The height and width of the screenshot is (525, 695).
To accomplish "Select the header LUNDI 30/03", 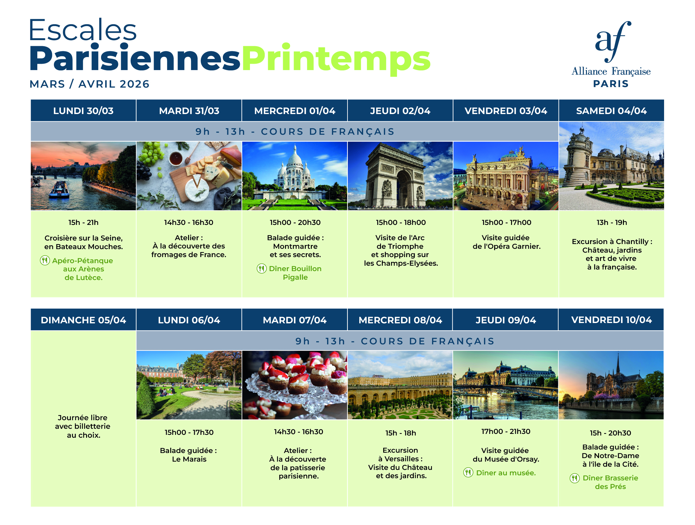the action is (x=83, y=111).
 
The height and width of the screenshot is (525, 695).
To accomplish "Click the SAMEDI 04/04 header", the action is (x=611, y=111).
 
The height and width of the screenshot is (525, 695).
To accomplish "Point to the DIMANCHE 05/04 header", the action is (x=83, y=320).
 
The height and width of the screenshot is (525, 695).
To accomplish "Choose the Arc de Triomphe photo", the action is (x=400, y=176).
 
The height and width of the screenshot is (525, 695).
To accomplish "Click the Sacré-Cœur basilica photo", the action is (x=295, y=176).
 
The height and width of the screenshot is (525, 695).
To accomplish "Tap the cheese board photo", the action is (x=189, y=176).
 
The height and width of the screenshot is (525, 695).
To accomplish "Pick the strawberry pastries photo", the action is (x=295, y=385).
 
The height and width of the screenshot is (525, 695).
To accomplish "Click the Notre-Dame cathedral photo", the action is (x=611, y=385).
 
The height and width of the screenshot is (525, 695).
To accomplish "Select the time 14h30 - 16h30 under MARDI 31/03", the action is (x=189, y=222).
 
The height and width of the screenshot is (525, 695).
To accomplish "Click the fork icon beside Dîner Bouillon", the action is (x=262, y=269).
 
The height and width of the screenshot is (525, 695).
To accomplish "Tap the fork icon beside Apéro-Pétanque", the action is (x=45, y=260).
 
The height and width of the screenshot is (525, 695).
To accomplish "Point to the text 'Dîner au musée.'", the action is (x=506, y=473).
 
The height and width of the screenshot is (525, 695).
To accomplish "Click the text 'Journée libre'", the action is (x=83, y=418).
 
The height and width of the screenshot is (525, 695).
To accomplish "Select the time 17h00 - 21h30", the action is (x=506, y=431).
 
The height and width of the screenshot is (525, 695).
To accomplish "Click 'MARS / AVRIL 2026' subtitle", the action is (x=90, y=84).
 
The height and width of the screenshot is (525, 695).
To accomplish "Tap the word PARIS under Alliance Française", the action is (x=611, y=84).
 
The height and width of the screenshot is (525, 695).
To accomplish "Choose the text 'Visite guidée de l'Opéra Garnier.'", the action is (x=506, y=242).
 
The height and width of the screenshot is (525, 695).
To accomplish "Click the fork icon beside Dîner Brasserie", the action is (x=575, y=478).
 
